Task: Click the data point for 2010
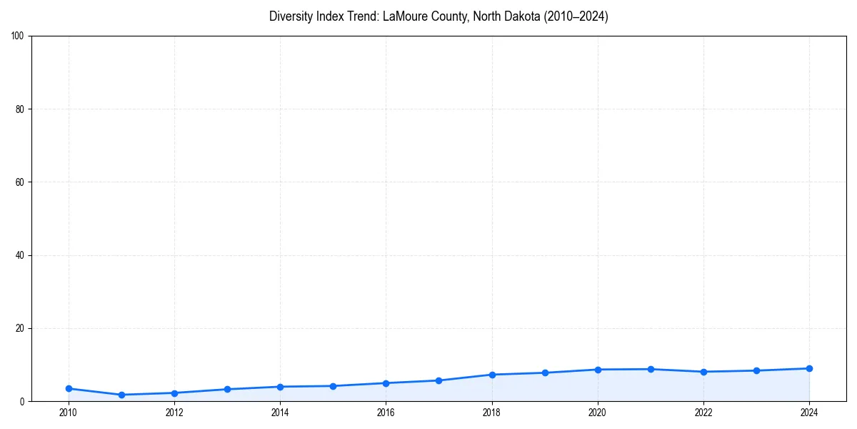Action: pos(69,388)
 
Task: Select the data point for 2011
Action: pos(121,395)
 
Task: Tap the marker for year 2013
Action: pos(227,389)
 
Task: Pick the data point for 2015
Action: pos(333,386)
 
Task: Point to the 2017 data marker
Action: pos(438,380)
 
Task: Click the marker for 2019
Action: pos(545,373)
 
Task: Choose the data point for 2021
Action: pos(651,369)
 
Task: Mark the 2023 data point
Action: pos(756,370)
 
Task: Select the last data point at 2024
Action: pos(809,368)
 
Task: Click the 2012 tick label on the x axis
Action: pos(174,413)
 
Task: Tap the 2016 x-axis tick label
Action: pos(386,413)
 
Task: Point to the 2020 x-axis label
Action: pos(598,413)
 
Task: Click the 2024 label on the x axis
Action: pos(809,413)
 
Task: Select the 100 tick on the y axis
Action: pos(19,36)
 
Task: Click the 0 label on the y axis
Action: pos(23,402)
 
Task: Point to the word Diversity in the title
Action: pos(289,16)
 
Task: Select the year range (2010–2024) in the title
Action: pos(576,16)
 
